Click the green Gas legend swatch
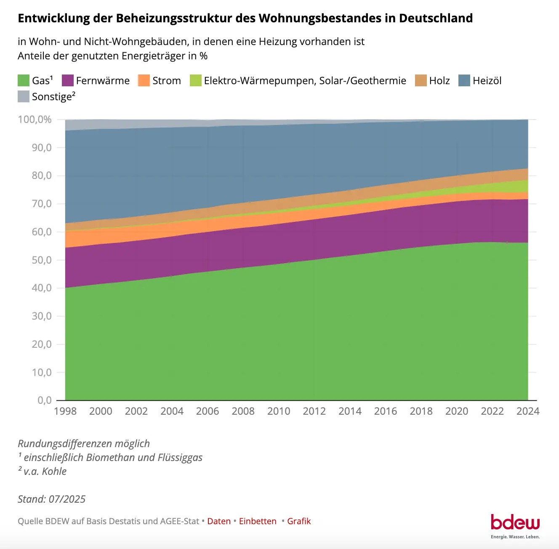(24, 80)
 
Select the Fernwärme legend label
(103, 80)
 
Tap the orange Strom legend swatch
(144, 80)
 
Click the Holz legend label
(439, 80)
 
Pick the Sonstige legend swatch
(24, 96)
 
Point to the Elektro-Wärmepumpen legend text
(305, 80)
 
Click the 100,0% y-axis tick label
(35, 120)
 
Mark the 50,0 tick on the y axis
(42, 260)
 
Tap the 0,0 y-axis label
(45, 400)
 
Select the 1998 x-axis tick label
(65, 411)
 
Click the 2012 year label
(314, 411)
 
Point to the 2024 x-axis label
(528, 411)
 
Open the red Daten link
(219, 521)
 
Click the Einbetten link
(258, 521)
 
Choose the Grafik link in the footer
(299, 521)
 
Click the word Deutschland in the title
(436, 18)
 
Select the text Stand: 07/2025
(51, 499)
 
